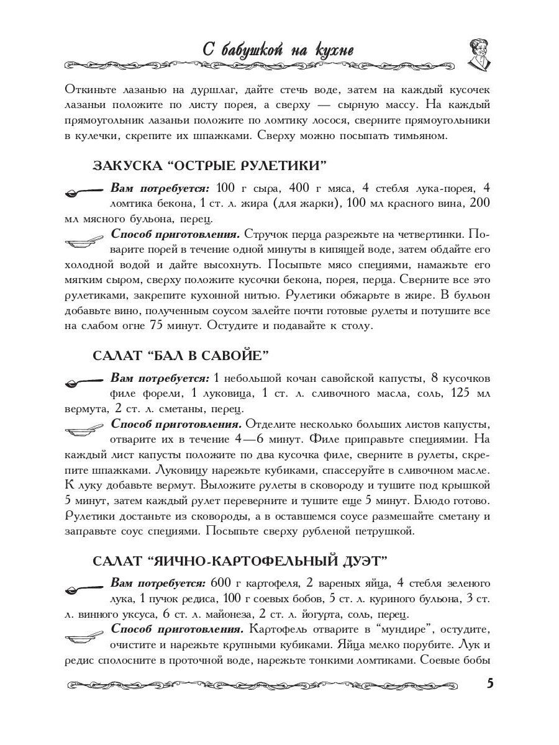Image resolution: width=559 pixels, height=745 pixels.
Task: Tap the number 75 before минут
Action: (x=160, y=325)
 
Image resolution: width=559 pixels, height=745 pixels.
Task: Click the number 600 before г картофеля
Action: (x=222, y=583)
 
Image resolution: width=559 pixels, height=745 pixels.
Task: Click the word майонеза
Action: (x=222, y=615)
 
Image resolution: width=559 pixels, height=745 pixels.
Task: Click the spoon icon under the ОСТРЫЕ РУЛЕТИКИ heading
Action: (x=84, y=192)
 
